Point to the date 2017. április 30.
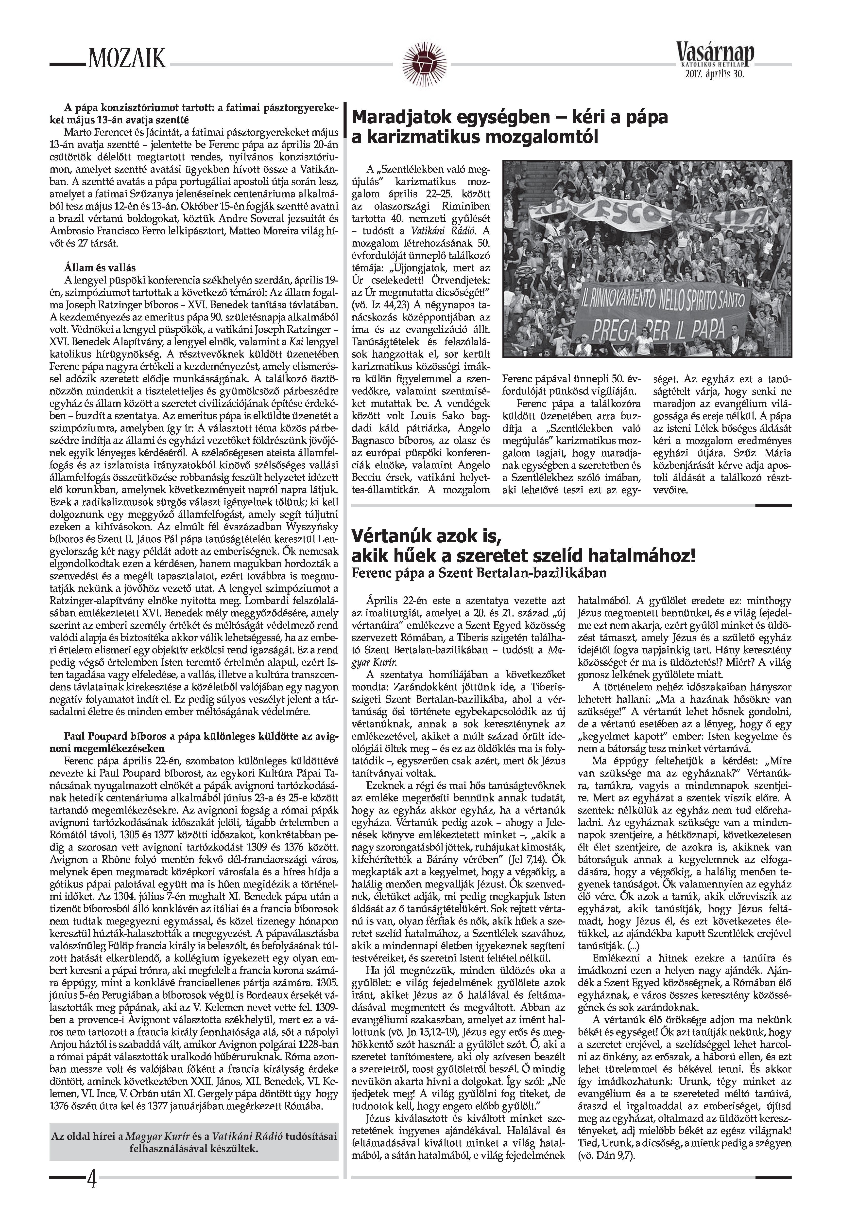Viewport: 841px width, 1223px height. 715,75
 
